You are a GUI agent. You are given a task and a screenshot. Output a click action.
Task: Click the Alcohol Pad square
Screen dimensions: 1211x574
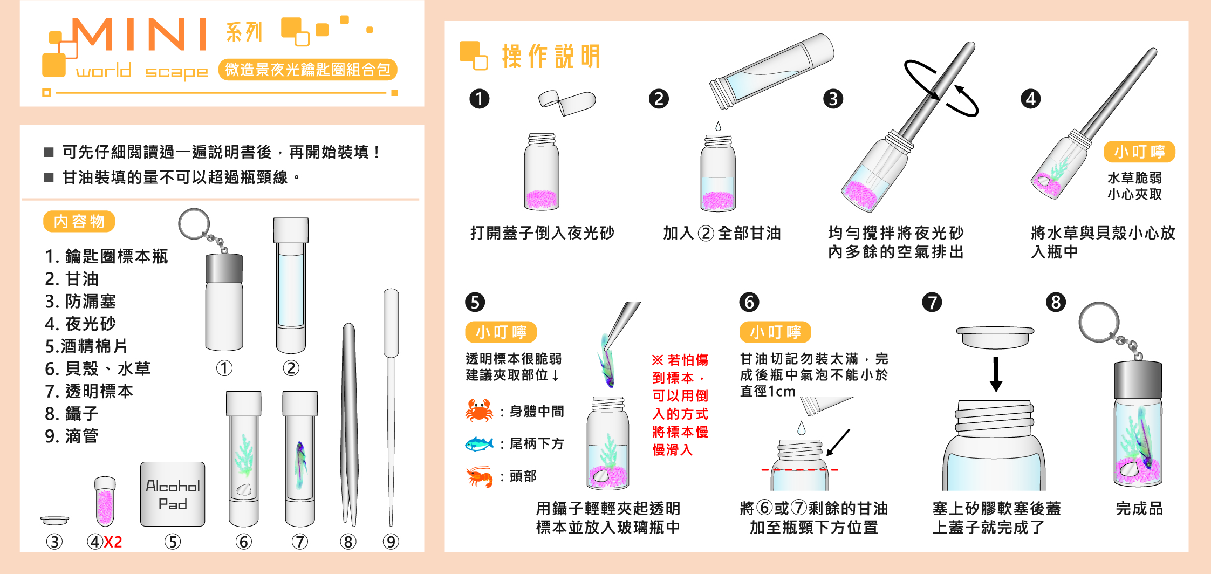click(173, 494)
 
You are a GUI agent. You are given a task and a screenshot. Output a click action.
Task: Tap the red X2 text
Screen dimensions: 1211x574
click(113, 542)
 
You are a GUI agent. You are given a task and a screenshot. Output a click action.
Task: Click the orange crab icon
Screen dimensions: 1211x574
click(479, 411)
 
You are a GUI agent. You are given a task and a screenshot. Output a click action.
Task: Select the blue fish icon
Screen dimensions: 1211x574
click(479, 443)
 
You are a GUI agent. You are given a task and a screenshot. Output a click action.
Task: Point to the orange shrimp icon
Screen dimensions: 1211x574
click(479, 476)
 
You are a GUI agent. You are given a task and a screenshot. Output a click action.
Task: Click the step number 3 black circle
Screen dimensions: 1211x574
click(833, 99)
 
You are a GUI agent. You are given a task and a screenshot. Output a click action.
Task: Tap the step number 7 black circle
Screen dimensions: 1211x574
click(932, 302)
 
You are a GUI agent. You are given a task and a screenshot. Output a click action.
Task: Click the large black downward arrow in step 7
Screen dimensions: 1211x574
click(996, 374)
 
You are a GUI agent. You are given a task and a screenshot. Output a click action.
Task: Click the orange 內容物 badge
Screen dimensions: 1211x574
click(79, 221)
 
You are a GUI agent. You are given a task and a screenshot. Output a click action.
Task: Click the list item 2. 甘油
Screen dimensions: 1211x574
click(72, 279)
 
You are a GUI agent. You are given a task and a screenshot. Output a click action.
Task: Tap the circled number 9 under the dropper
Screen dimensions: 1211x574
click(391, 542)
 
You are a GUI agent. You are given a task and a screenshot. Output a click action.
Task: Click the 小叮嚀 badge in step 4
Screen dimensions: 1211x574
click(1139, 152)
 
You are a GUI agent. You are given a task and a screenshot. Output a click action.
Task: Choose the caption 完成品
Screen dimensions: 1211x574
click(1139, 508)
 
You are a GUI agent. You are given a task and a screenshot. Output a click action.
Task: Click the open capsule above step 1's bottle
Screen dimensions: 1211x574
click(567, 102)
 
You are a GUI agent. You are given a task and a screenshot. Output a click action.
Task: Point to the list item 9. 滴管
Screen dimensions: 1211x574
click(72, 436)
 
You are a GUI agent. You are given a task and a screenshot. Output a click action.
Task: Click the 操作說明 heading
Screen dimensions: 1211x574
click(551, 56)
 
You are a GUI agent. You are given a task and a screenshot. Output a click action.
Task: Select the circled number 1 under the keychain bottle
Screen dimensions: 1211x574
click(224, 368)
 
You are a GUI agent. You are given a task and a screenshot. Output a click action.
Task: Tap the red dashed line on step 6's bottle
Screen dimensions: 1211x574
click(800, 470)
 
